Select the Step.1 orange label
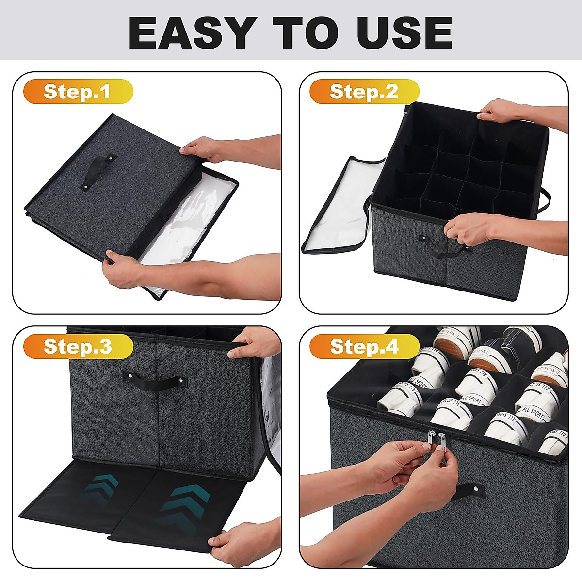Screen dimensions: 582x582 pyautogui.click(x=78, y=92)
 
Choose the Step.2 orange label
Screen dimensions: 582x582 pyautogui.click(x=364, y=92)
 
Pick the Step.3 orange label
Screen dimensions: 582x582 pyautogui.click(x=78, y=346)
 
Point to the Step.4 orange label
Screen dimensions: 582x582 pyautogui.click(x=364, y=346)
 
